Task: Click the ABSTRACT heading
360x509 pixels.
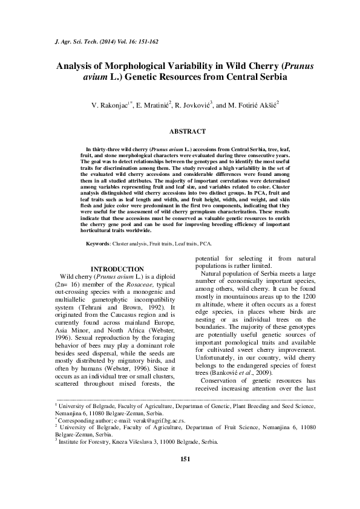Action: [187, 131]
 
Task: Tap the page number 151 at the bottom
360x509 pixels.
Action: [186, 476]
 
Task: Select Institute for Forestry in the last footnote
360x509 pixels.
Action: [79, 458]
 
